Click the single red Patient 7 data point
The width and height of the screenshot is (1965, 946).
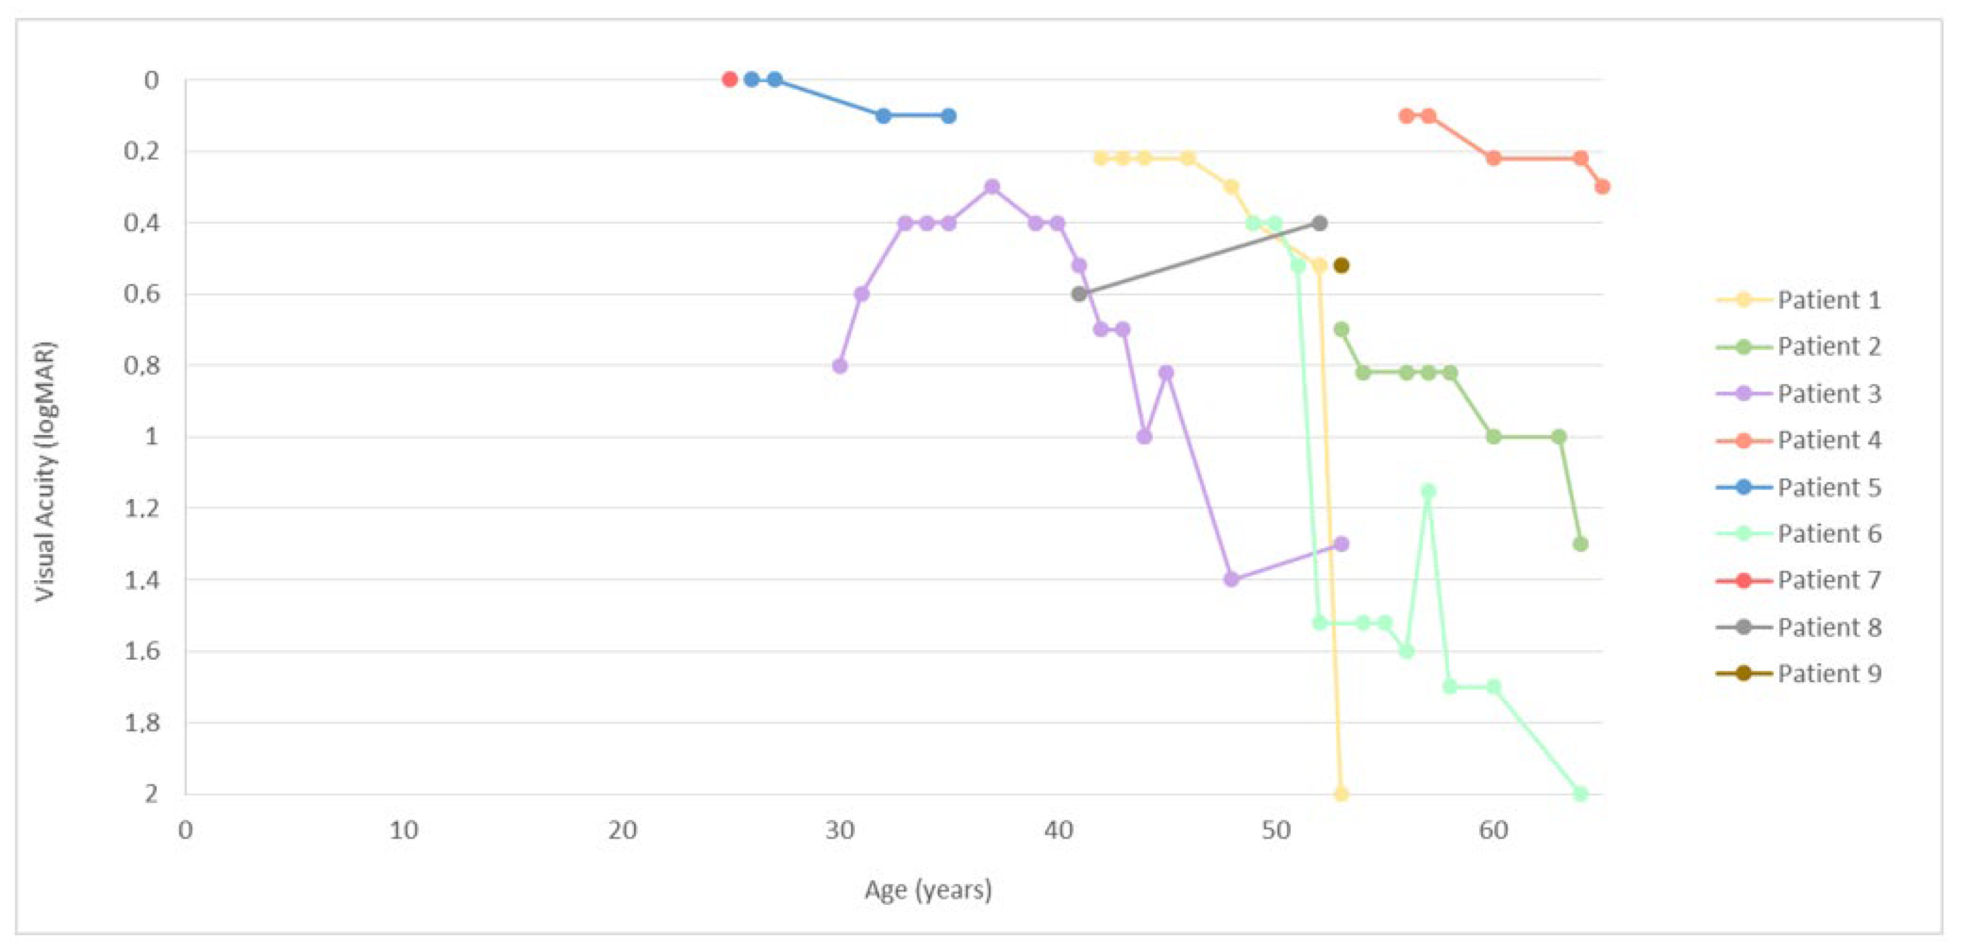point(729,79)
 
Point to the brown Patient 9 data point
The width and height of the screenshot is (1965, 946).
point(1341,266)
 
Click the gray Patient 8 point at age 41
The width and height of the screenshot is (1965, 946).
point(1078,294)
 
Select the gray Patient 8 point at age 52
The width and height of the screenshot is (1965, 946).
point(1319,223)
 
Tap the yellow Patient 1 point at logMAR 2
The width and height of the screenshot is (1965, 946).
point(1341,794)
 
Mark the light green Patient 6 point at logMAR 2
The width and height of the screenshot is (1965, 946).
point(1581,794)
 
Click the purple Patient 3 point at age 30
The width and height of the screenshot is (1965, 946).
point(840,366)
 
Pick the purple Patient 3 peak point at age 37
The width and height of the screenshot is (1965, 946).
point(992,187)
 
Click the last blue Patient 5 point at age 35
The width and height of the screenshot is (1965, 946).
point(948,116)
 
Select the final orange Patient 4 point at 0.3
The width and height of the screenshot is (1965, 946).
point(1602,187)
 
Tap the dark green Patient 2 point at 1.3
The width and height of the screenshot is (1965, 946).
point(1581,544)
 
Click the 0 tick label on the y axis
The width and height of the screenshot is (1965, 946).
point(151,80)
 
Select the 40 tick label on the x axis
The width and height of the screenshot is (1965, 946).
point(1058,830)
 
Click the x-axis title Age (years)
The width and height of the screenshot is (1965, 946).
point(928,889)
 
